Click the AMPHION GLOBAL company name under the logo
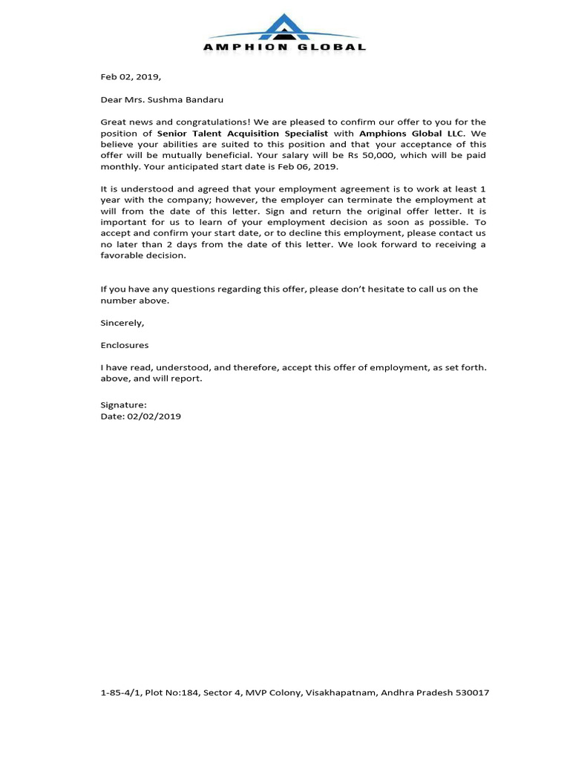pyautogui.click(x=285, y=47)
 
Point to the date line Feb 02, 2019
pyautogui.click(x=131, y=76)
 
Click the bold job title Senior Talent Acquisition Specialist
pyautogui.click(x=243, y=134)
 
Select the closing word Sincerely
pyautogui.click(x=122, y=323)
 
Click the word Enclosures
pyautogui.click(x=125, y=345)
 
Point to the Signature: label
pyautogui.click(x=123, y=405)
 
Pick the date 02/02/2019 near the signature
pyautogui.click(x=154, y=416)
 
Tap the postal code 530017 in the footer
pyautogui.click(x=471, y=693)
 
